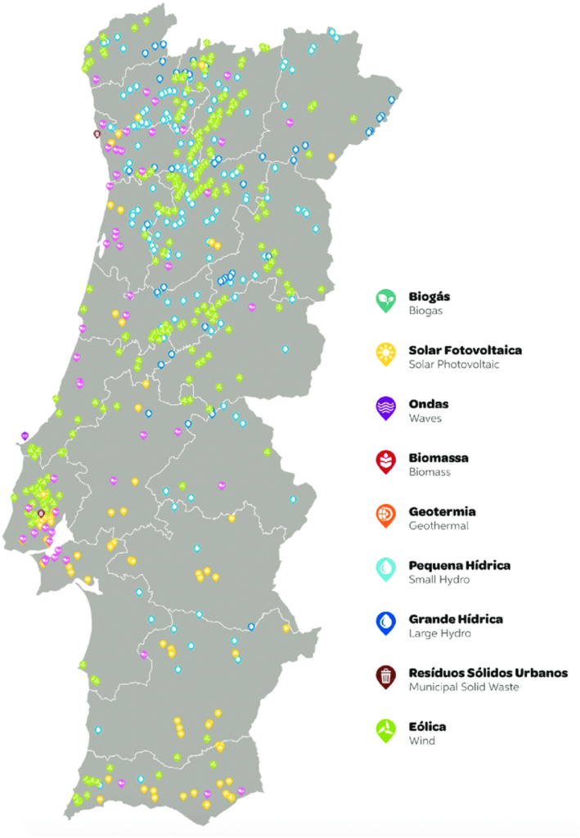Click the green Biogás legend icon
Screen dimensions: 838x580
tap(385, 300)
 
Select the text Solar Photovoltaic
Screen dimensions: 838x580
tap(453, 364)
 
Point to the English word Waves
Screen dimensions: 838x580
tap(425, 418)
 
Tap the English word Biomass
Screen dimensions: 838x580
tap(429, 472)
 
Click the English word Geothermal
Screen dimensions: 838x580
tap(438, 525)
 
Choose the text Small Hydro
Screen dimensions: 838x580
tap(439, 579)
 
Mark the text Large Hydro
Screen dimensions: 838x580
tap(439, 633)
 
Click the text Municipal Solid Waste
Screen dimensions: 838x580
tap(464, 687)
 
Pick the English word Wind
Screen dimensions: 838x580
tap(422, 741)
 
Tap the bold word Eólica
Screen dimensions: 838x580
tap(427, 726)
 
